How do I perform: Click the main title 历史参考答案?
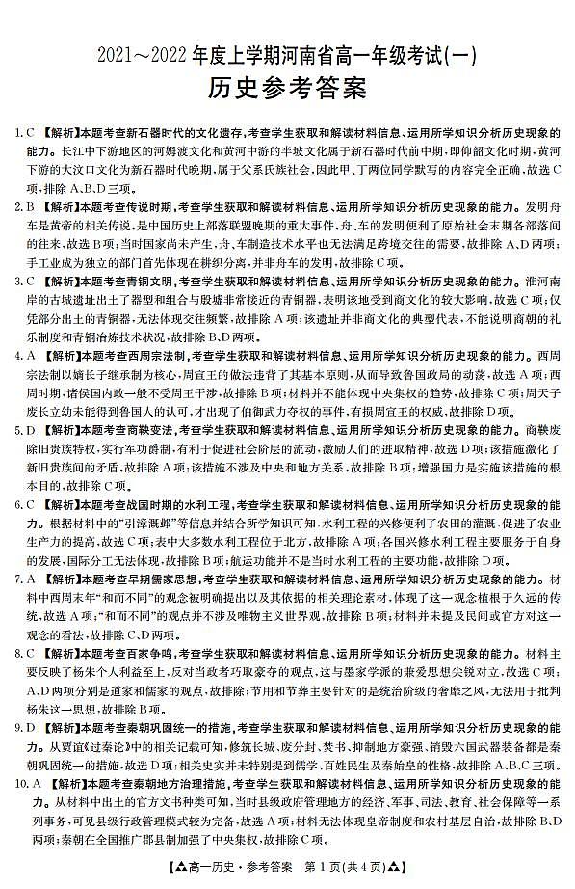tap(287, 89)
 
